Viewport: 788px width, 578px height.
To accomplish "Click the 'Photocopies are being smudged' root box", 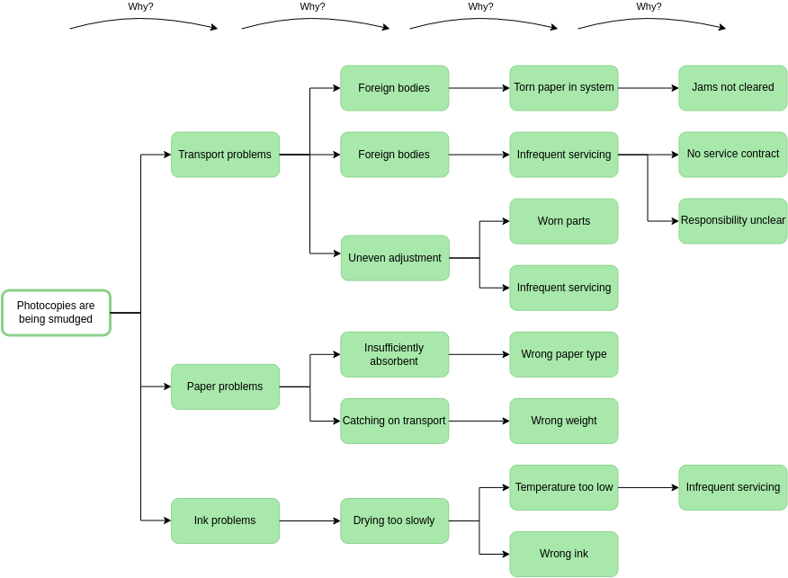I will coord(56,313).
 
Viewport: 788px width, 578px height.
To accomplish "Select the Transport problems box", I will coord(225,155).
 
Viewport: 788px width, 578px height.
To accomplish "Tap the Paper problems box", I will coord(225,387).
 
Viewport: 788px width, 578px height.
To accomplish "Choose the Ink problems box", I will coord(225,520).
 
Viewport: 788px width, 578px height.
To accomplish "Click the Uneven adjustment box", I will coord(394,258).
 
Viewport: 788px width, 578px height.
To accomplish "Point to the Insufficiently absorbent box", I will coord(394,354).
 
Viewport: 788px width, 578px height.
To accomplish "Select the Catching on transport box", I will coord(394,421).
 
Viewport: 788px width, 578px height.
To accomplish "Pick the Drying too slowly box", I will coord(394,520).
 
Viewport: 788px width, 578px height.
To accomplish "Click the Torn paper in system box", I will coord(563,88).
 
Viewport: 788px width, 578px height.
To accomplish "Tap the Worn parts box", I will coord(563,221).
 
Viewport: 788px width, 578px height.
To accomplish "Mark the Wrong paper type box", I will coord(563,354).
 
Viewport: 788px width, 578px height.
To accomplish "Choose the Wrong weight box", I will coord(563,421).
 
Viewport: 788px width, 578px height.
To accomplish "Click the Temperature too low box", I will coord(563,487).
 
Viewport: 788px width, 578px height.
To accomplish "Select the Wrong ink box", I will coord(563,554).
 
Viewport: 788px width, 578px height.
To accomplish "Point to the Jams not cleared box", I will coord(732,88).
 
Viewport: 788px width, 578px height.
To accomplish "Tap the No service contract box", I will coord(732,155).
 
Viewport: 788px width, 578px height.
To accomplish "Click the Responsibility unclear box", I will coord(732,221).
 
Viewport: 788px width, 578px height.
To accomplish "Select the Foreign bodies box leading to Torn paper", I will coord(394,88).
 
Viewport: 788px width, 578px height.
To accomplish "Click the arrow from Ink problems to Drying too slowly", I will coord(309,520).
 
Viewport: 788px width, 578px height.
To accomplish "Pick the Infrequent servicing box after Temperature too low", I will coord(732,487).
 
